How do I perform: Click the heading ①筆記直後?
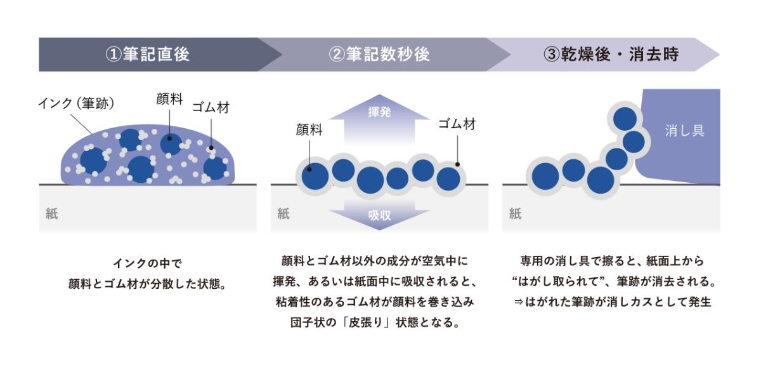click(147, 55)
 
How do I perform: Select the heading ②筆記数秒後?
click(379, 55)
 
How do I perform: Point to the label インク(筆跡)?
click(75, 103)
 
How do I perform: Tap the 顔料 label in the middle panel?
click(309, 129)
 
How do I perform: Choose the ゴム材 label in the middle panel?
click(457, 124)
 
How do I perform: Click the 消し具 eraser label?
click(684, 131)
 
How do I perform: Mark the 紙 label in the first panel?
click(51, 214)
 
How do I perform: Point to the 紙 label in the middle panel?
click(283, 214)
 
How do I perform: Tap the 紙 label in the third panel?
click(515, 214)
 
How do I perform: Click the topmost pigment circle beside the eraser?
click(625, 119)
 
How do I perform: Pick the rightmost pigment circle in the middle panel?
click(448, 178)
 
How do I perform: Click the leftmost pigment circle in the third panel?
click(543, 176)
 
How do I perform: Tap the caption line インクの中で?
click(146, 262)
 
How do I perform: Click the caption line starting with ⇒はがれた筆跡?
click(612, 302)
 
